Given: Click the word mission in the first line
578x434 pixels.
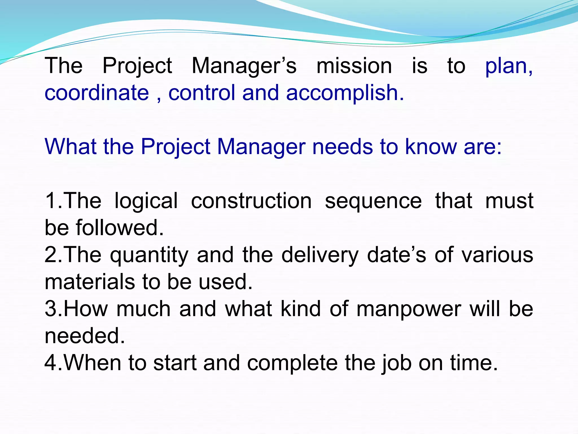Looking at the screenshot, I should pyautogui.click(x=354, y=66).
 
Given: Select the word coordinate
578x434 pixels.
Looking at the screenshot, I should pyautogui.click(x=97, y=93).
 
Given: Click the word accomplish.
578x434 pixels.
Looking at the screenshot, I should pyautogui.click(x=345, y=93).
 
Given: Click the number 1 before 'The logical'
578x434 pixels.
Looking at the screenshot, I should pyautogui.click(x=51, y=201).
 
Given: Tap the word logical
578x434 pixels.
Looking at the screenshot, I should pyautogui.click(x=146, y=201).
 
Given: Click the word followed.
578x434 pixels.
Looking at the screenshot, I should pyautogui.click(x=120, y=228).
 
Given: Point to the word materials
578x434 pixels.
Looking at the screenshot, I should pyautogui.click(x=90, y=282).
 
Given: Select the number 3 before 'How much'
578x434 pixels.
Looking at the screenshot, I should pyautogui.click(x=51, y=309).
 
